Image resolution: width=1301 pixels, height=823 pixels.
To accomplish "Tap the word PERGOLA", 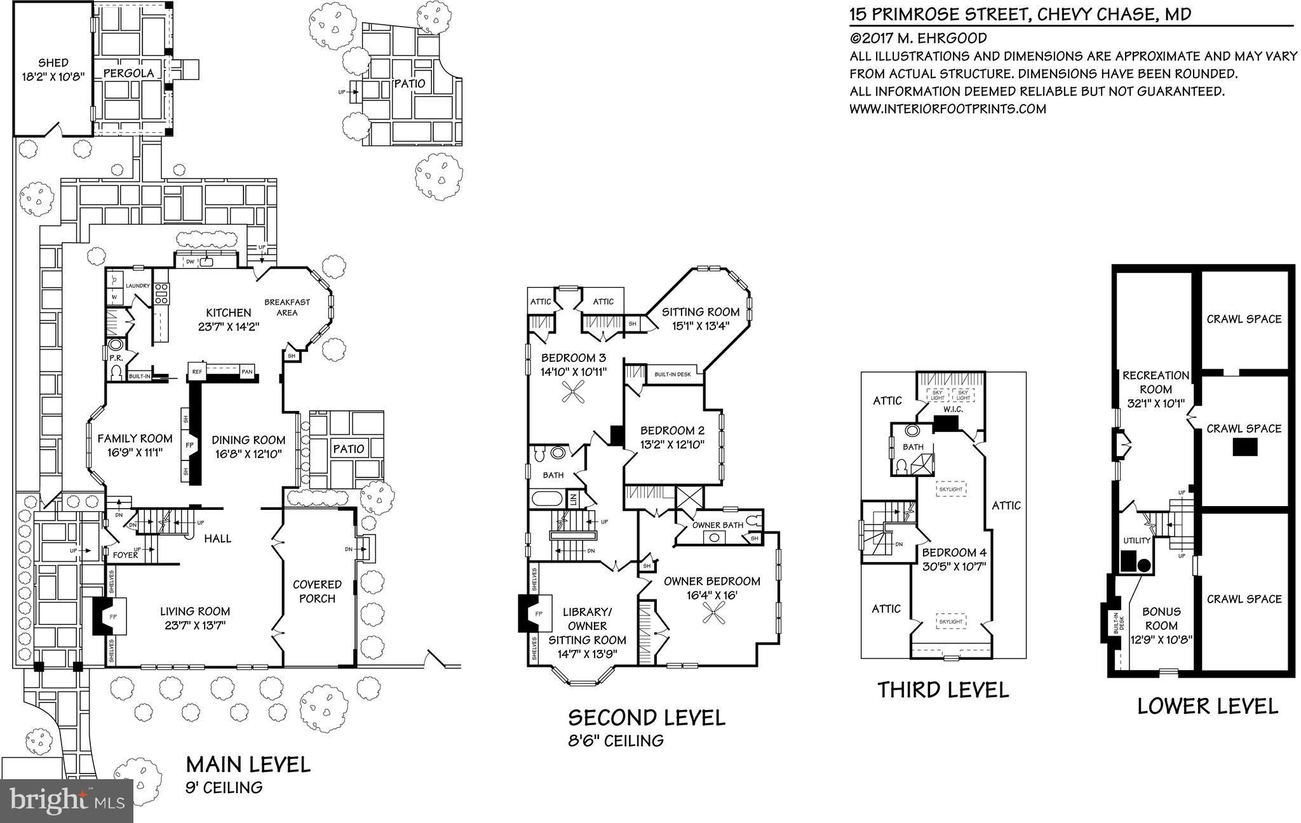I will pos(129,74).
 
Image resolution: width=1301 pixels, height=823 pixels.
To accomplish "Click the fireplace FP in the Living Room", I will pos(112,616).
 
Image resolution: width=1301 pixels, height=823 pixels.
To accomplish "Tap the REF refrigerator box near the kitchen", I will pos(196,371).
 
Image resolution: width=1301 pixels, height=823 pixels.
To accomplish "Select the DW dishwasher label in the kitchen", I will pos(190,262).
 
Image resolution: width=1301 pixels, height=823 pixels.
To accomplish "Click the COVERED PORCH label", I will pos(317,591).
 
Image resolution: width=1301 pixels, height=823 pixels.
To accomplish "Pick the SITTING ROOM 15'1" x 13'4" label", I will pos(701,318).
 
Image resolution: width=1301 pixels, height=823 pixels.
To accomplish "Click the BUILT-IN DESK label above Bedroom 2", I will pos(673,374).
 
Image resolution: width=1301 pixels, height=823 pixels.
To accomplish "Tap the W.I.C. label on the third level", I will pos(953,410).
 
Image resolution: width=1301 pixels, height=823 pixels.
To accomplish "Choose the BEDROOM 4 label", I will pos(954,559).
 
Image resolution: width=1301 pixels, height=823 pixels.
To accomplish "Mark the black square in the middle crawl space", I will pos(1244,448).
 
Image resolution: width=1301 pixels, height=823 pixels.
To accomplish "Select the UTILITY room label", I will pos(1136,540).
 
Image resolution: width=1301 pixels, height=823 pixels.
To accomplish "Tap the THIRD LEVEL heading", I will pos(943,690).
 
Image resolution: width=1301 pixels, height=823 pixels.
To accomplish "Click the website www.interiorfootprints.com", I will pos(947,109).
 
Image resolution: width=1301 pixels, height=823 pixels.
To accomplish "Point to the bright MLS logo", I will pos(67,801).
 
